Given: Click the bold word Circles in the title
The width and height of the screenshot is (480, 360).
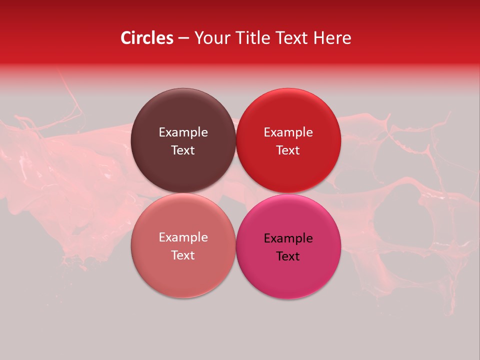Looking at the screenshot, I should click(147, 38).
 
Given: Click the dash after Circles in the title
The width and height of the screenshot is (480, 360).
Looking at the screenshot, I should click(183, 38).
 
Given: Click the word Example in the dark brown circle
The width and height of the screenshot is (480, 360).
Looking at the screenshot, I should click(183, 132).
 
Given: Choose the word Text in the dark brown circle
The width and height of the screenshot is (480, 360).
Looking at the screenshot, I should click(183, 150).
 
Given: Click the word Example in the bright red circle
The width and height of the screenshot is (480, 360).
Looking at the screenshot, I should click(288, 132).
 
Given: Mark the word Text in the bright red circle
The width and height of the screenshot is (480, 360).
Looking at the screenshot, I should click(288, 150).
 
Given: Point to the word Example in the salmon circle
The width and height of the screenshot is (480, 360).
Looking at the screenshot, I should click(183, 237).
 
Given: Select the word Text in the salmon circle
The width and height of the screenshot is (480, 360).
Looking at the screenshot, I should click(183, 255).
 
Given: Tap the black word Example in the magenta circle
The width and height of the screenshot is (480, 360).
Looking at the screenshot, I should click(288, 238).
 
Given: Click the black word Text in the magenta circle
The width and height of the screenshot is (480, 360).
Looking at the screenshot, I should click(288, 256).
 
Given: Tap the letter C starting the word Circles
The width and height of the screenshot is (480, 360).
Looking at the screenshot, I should click(125, 38).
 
